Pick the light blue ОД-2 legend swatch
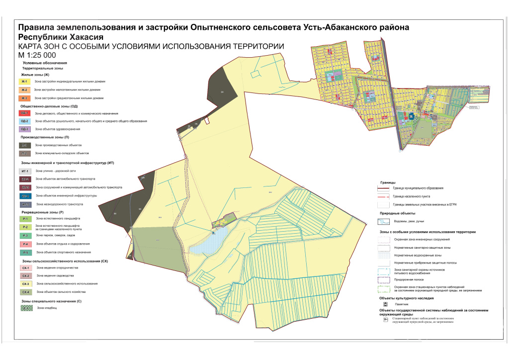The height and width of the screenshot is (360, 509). [25, 121]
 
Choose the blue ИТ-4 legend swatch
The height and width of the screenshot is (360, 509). [25, 196]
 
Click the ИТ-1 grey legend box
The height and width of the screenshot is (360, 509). [25, 171]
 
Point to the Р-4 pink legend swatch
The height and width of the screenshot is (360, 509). [25, 244]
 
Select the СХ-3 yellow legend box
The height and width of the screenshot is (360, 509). [25, 283]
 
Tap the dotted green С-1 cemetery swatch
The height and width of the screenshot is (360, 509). [25, 308]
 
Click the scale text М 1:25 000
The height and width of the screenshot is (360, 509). [37, 55]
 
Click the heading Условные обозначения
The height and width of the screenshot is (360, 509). [45, 64]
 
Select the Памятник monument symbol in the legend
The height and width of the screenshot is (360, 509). [385, 303]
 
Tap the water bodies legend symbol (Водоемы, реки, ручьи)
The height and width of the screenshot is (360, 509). [385, 222]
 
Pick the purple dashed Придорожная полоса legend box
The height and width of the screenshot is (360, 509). [385, 279]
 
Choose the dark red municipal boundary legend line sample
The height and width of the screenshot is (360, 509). [385, 188]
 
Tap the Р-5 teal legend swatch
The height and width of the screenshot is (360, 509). [25, 253]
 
